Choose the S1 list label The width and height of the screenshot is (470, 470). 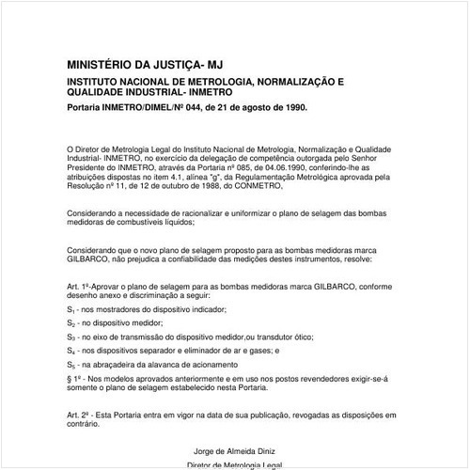(x=71, y=309)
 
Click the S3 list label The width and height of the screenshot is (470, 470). (x=71, y=336)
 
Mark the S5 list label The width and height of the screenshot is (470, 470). (x=71, y=363)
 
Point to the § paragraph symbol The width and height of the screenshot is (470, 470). (x=70, y=377)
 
